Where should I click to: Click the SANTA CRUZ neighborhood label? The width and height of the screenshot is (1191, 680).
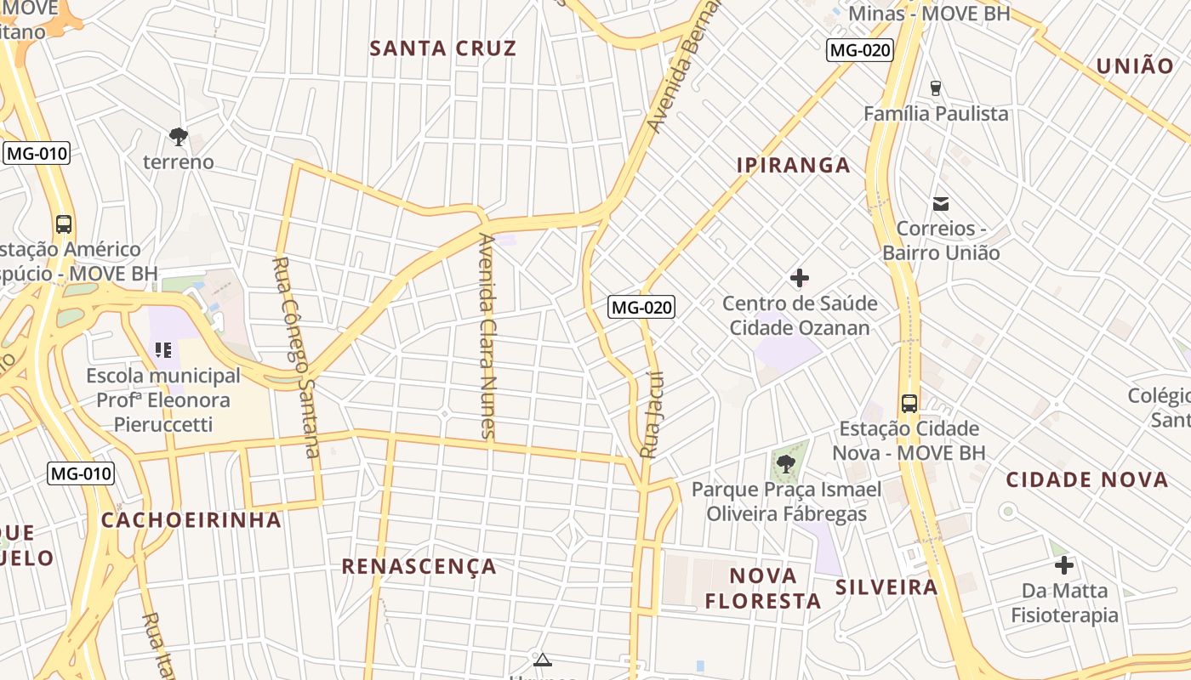442,48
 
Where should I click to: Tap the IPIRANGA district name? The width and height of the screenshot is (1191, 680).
793,165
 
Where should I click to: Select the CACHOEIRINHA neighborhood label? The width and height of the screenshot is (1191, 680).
191,520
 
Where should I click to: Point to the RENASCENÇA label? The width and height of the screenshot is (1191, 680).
419,567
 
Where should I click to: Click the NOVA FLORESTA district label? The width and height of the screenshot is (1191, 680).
763,588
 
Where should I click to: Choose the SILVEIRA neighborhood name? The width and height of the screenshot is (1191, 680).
886,587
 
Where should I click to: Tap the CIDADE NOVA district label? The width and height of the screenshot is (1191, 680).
1086,479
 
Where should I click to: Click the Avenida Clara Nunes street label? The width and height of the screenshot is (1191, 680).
487,336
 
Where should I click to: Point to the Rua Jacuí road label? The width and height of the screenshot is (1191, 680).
651,415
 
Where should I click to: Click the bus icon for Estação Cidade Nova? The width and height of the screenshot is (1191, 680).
909,403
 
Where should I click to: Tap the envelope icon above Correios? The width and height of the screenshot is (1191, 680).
941,204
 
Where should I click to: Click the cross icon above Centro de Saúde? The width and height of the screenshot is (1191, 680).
799,278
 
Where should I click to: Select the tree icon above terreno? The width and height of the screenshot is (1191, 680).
178,136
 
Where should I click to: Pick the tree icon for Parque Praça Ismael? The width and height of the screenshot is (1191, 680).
785,463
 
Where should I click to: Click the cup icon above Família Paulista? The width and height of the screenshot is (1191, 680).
936,88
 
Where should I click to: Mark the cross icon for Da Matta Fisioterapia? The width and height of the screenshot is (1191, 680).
1063,565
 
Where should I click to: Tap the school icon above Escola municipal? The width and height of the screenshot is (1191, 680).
163,349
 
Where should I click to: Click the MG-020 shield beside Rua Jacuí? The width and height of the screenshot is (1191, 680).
641,308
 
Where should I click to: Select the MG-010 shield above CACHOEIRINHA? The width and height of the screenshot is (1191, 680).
81,473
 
